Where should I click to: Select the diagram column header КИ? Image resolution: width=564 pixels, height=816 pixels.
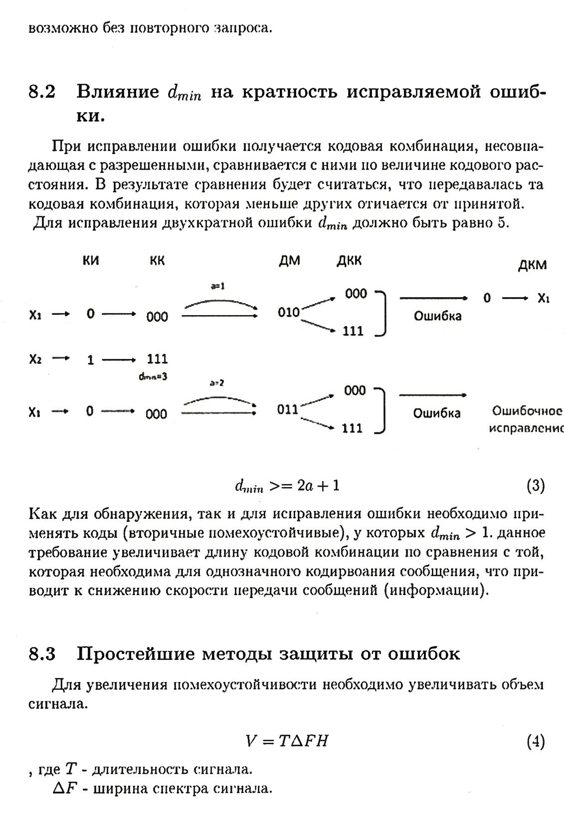91,261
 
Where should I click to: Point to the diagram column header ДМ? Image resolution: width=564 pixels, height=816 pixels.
290,261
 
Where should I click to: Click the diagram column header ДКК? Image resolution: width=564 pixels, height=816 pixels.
349,261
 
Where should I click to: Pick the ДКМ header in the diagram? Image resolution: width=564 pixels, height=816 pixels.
532,265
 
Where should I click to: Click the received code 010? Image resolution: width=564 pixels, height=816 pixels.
289,313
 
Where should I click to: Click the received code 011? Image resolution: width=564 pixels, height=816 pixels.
288,410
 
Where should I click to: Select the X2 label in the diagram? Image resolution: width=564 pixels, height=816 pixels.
35,359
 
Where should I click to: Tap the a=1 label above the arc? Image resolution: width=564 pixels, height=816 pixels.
218,286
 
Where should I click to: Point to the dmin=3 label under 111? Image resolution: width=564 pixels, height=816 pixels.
153,377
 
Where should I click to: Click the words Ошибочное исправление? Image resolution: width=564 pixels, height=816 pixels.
527,419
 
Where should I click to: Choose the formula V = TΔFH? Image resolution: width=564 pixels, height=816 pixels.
287,742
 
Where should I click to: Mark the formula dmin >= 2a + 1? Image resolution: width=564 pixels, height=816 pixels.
287,486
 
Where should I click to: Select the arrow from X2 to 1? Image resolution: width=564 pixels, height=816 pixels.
61,358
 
